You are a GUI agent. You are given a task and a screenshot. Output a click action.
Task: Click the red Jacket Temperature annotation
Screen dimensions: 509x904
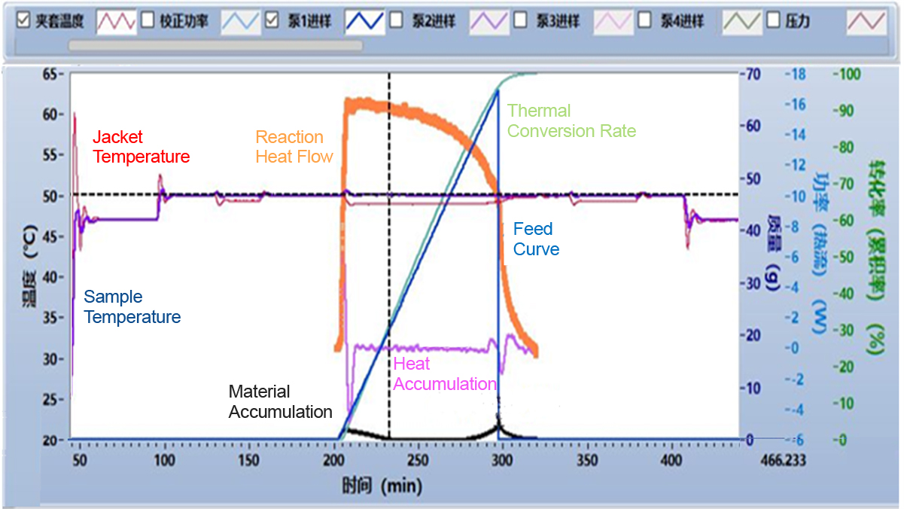coord(141,147)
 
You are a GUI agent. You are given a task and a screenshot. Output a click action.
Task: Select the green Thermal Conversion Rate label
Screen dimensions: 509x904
coord(571,121)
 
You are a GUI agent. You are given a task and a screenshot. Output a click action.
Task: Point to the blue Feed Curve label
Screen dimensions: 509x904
coord(536,239)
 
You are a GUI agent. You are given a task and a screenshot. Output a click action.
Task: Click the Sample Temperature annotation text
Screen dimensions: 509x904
coord(132,307)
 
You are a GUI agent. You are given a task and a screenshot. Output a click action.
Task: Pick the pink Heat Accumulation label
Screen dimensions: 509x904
coord(444,374)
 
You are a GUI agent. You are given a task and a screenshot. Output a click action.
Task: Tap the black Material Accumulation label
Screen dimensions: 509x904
coord(280,402)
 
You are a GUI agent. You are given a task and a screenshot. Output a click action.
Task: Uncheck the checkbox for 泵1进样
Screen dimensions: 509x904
coord(273,20)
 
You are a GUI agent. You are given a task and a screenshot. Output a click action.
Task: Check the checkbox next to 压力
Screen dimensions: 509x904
coord(772,20)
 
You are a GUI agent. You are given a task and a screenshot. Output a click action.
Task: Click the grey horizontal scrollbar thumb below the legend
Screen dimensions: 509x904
coord(215,46)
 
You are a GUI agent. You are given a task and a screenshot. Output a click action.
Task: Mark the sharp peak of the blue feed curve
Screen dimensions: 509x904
coord(498,90)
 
